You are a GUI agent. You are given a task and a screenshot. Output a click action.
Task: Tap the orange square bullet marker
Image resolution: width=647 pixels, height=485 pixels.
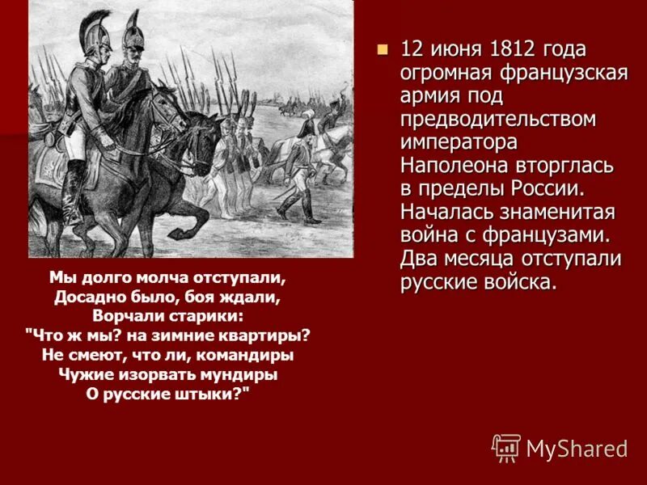(x=383, y=48)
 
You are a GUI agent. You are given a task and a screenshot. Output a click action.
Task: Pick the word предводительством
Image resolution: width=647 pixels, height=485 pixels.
(x=498, y=119)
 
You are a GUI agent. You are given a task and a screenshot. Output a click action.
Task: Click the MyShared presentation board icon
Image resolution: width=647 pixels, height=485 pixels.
(x=506, y=447)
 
